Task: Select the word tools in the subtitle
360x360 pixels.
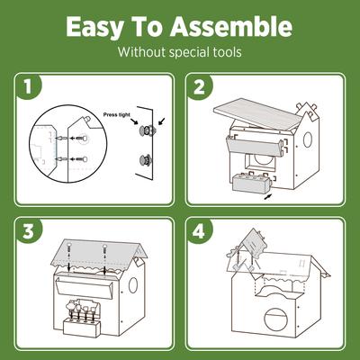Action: click(224, 51)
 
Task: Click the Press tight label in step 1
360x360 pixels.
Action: click(121, 115)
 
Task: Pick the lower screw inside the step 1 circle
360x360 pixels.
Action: click(75, 163)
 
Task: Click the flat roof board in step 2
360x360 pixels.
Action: click(256, 117)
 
